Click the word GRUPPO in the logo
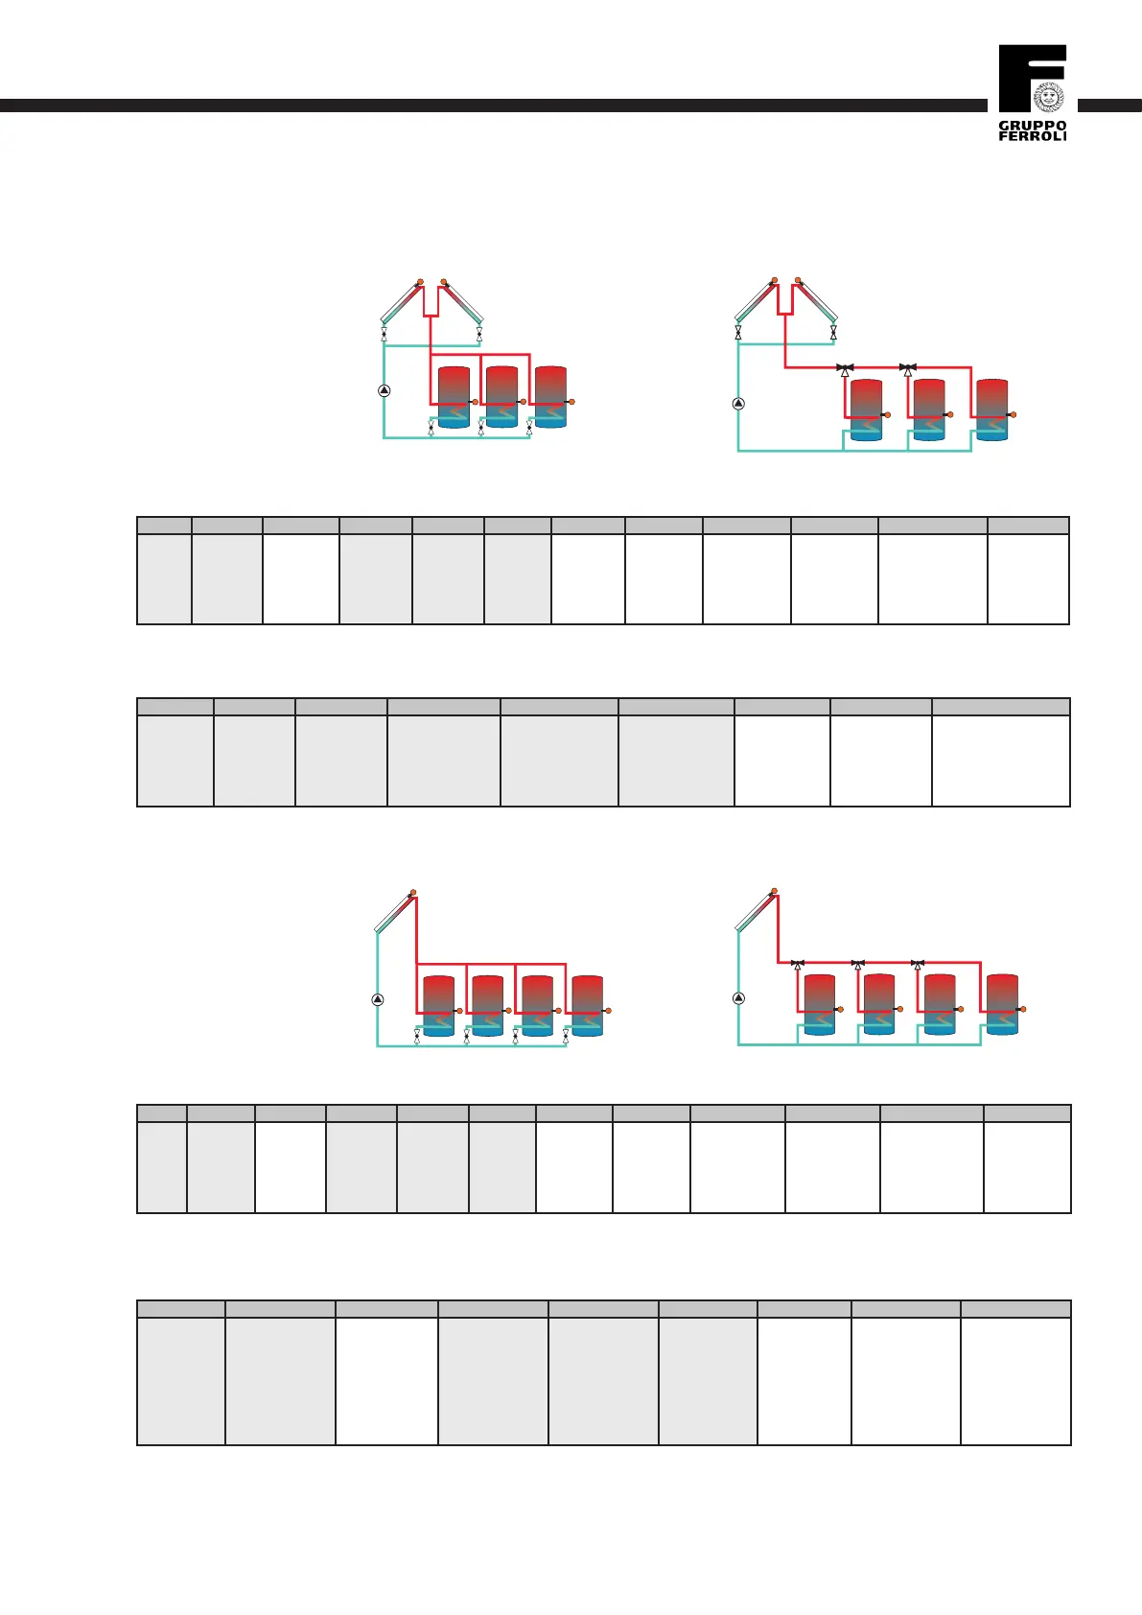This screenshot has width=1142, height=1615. (x=1033, y=126)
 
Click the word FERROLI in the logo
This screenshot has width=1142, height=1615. (x=1033, y=136)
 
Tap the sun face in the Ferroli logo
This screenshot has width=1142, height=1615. (x=1049, y=96)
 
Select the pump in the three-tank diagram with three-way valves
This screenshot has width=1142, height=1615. (x=738, y=404)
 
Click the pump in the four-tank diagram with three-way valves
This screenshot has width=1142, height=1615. (x=738, y=997)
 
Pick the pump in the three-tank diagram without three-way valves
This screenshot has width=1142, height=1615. (x=385, y=390)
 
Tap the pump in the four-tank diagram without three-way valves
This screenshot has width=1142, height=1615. (x=378, y=999)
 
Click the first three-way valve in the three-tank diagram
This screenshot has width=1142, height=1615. (x=845, y=368)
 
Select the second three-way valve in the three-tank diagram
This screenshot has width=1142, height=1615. (x=907, y=368)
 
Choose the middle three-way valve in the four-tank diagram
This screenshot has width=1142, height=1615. (x=858, y=964)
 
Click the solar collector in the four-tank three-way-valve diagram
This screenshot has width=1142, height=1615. (x=757, y=912)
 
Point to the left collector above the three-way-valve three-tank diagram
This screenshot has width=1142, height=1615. (x=756, y=302)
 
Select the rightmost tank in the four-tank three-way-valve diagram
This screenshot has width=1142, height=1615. (x=1002, y=1004)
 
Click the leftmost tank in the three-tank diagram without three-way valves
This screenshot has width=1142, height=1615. (x=453, y=396)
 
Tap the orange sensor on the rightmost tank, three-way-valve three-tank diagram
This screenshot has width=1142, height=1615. (x=1014, y=414)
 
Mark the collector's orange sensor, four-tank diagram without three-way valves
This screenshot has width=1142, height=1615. (x=413, y=892)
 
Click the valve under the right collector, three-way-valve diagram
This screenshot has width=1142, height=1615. (x=833, y=333)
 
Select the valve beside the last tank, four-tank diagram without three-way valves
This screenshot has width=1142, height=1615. (x=566, y=1036)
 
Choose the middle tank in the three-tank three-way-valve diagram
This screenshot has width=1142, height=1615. (x=929, y=410)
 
